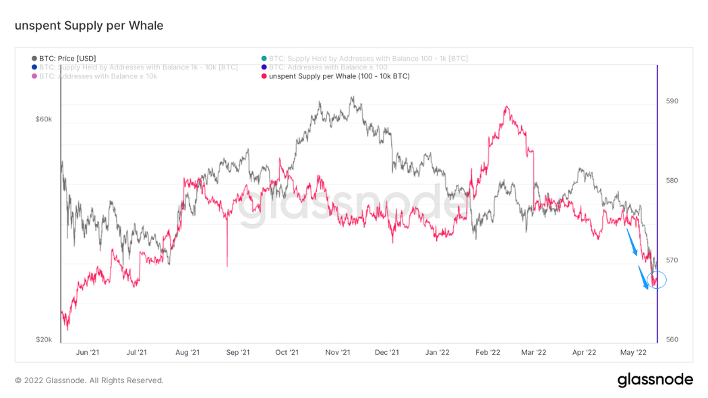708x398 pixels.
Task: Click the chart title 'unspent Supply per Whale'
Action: tap(89, 26)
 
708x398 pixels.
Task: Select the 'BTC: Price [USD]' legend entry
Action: tap(67, 59)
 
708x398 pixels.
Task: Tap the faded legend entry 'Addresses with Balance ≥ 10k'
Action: tap(98, 76)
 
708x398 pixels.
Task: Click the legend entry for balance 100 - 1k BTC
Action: tap(367, 59)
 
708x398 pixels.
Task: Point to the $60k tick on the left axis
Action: tap(43, 119)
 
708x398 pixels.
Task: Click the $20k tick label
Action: tap(43, 339)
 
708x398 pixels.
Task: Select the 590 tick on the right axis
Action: tap(672, 101)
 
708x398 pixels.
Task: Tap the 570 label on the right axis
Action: tap(672, 260)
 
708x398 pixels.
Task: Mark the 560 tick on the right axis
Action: tap(672, 340)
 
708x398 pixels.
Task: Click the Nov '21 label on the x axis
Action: tap(337, 352)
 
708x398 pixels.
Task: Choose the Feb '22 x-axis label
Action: tap(488, 352)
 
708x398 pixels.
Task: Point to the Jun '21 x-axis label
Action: tap(88, 352)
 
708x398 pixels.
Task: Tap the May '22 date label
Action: tap(633, 352)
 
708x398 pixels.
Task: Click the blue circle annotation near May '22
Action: tap(657, 279)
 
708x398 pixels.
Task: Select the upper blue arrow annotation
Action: tap(632, 242)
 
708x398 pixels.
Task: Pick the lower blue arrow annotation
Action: tap(644, 278)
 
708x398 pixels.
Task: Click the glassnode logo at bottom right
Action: tap(655, 380)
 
